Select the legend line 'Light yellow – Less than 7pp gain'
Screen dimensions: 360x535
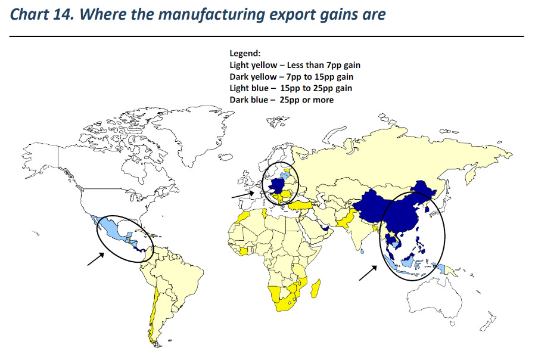[x=295, y=65]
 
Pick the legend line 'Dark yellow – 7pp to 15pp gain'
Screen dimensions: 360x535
[x=291, y=77]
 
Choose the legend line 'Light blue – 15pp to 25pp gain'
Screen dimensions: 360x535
[x=291, y=88]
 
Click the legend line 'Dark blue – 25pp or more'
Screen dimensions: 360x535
[x=281, y=100]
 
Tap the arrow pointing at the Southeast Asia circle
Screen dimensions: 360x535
[x=368, y=272]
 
